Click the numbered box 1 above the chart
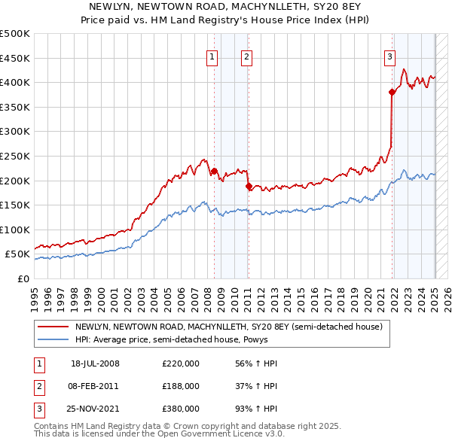212,56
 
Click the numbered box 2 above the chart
247,56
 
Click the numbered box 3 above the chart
389,56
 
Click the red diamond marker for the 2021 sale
392,92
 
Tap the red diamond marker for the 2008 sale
214,171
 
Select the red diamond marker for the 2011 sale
249,186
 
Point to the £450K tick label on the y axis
15,58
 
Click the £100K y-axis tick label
15,230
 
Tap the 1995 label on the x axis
34,296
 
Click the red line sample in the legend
53,327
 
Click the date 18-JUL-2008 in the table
95,364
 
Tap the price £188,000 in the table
181,386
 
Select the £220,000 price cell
181,364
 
